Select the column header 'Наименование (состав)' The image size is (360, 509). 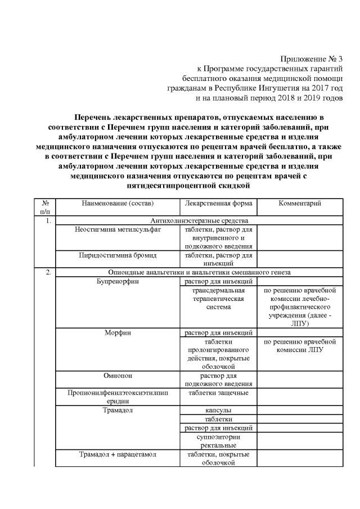pos(117,203)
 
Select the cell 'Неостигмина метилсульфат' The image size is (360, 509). pos(117,230)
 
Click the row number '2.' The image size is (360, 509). pos(48,273)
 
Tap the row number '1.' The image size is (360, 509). pos(48,221)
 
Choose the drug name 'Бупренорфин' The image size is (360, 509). pos(117,281)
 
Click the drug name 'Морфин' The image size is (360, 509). pos(117,332)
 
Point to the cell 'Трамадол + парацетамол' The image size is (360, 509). pos(117,454)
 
